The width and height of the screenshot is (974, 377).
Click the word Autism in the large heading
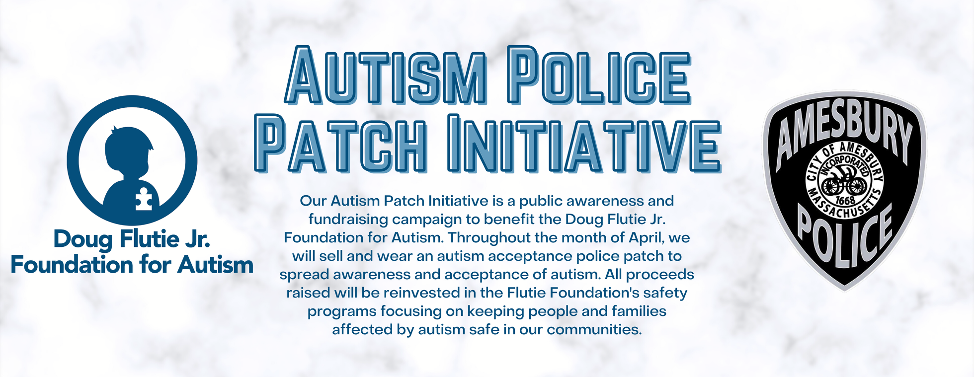(386, 75)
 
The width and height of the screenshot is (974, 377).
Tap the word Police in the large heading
(599, 75)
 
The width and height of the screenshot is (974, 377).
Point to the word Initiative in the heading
(584, 143)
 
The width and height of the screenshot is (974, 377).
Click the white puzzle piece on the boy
(144, 199)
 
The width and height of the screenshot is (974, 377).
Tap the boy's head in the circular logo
(128, 151)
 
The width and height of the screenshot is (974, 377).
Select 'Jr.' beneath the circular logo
(197, 239)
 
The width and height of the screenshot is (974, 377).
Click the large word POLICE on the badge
(845, 236)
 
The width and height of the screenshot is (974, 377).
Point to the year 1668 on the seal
(845, 201)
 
